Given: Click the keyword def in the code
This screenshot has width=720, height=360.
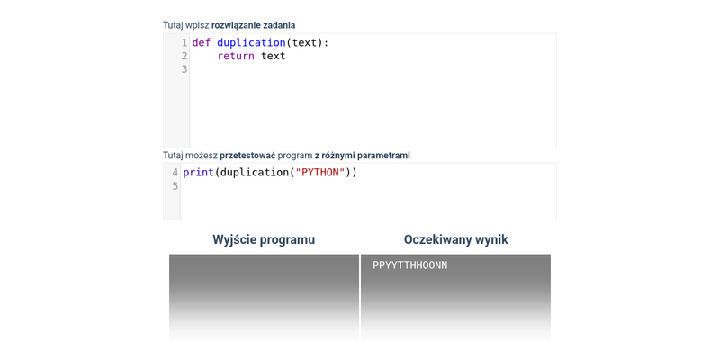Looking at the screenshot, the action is pos(201,42).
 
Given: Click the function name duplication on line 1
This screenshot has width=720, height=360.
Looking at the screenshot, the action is pos(251,42).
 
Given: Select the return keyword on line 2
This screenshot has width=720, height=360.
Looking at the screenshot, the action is pos(236,56).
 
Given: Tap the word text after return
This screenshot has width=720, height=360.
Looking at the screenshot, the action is pos(274,56).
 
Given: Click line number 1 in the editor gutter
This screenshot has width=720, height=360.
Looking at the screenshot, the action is pos(184,42).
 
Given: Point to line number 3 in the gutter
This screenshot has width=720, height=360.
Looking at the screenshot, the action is pos(184,69).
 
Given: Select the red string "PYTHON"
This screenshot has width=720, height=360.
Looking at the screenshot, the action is pos(320,173).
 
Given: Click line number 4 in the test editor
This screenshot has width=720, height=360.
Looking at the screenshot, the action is pos(175,173).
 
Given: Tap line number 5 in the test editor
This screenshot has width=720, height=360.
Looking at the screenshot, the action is pos(175,186).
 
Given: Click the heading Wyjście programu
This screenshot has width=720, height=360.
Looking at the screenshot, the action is pos(264,239).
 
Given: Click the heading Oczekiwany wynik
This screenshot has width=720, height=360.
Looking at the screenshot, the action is pos(456,239).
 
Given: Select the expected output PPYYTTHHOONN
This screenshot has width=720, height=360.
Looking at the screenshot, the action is pos(410,265).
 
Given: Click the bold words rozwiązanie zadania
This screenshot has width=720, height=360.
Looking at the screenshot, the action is pos(254,25).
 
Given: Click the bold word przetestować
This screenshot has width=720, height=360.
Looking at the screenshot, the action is pos(247,156).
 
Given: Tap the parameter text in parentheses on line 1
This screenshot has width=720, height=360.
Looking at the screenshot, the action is pos(304,42).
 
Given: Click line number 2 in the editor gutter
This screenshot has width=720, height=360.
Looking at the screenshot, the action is pos(184,56).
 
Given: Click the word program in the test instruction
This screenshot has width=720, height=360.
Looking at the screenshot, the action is pos(295,156).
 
